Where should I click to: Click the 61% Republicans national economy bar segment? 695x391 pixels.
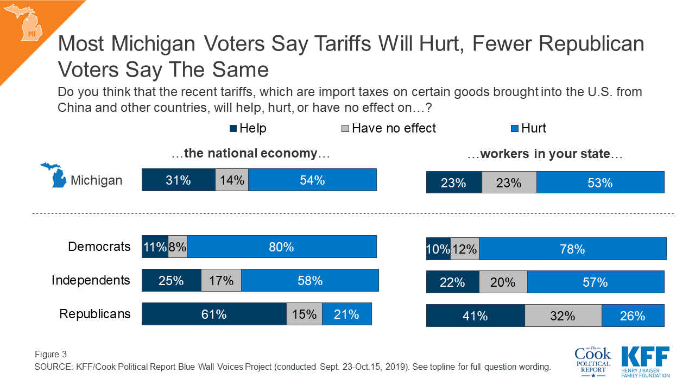pyautogui.click(x=214, y=314)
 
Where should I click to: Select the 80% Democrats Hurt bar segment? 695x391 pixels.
pyautogui.click(x=281, y=247)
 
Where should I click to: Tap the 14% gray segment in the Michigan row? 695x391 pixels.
pyautogui.click(x=232, y=180)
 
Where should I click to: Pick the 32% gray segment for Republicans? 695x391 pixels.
pyautogui.click(x=563, y=316)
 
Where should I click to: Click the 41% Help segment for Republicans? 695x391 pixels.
pyautogui.click(x=475, y=316)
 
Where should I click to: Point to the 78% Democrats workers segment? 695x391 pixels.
pyautogui.click(x=572, y=249)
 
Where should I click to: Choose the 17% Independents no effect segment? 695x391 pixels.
pyautogui.click(x=221, y=281)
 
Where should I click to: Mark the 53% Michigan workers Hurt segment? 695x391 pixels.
pyautogui.click(x=600, y=182)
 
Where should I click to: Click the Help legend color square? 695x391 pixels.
pyautogui.click(x=233, y=129)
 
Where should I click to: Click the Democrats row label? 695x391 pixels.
pyautogui.click(x=99, y=247)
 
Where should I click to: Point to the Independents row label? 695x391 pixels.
pyautogui.click(x=91, y=280)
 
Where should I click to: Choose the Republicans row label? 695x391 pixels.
pyautogui.click(x=95, y=314)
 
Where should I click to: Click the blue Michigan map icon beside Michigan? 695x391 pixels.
pyautogui.click(x=54, y=175)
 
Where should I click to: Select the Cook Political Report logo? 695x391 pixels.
pyautogui.click(x=592, y=361)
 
